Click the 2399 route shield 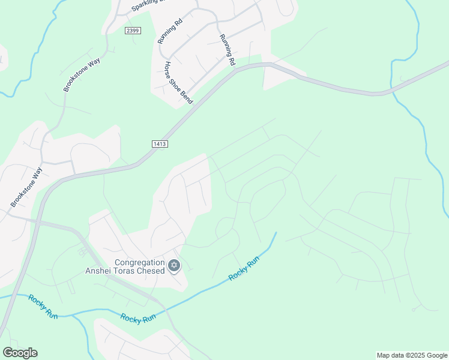coord(134,31)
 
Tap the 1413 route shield coord(159,144)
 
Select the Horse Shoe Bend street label coord(178,83)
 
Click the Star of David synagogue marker coord(174,265)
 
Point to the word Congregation coord(140,262)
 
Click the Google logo coord(20,353)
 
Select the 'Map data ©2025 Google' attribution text coord(412,355)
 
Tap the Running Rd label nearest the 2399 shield coord(170,32)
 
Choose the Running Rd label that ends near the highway coord(227,49)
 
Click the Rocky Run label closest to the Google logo coord(43,306)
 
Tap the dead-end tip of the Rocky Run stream coord(277,233)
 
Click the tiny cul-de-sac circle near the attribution coord(413,310)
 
